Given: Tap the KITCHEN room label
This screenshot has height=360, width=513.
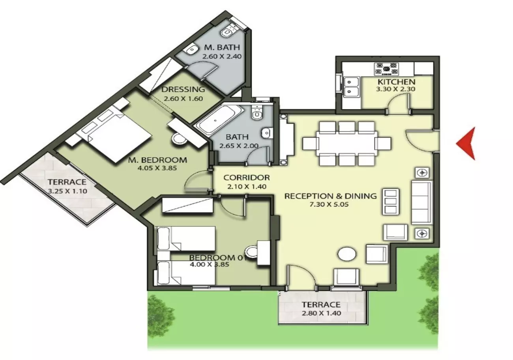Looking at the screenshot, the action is [397, 82].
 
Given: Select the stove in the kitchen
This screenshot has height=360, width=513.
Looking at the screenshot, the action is [387, 69].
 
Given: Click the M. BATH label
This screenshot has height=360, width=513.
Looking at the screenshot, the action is [222, 47].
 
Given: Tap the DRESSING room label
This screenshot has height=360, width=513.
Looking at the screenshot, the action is [183, 89].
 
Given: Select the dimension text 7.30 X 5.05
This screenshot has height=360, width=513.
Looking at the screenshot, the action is [329, 204].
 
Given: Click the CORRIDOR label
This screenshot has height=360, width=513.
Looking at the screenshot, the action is [247, 178].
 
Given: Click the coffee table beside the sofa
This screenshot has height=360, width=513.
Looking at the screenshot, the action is [391, 202].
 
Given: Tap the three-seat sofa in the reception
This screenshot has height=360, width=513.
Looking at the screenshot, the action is [421, 202].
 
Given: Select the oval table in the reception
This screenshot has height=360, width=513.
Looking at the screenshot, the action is [347, 254].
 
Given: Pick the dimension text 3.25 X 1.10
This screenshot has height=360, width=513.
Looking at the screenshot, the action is [67, 191].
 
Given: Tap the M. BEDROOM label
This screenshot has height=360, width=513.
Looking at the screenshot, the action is [157, 160].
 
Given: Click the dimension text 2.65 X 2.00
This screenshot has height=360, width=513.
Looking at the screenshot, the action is [239, 146].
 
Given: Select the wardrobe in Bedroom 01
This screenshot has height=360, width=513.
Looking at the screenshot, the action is [188, 205].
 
